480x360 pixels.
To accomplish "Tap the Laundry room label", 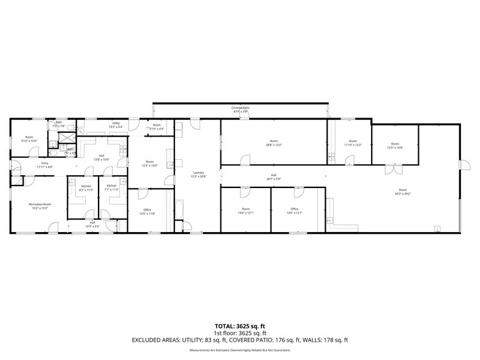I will (x=198, y=173).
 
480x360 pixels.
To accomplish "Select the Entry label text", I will (x=45, y=163).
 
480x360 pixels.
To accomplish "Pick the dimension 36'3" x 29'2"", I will (x=402, y=193).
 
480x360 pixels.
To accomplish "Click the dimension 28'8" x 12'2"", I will (x=273, y=144).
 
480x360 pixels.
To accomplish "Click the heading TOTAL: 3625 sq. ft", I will (x=239, y=326).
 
